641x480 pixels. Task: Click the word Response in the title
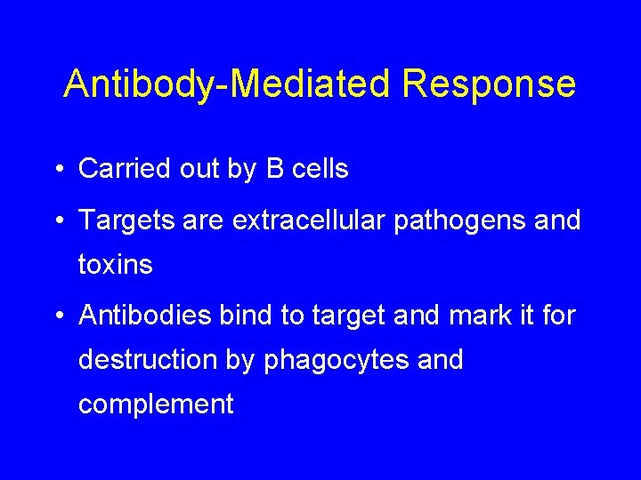coord(489,84)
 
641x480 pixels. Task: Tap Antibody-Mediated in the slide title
coord(228,84)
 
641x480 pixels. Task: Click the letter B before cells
coord(275,169)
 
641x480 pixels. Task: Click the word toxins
coord(116,265)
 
